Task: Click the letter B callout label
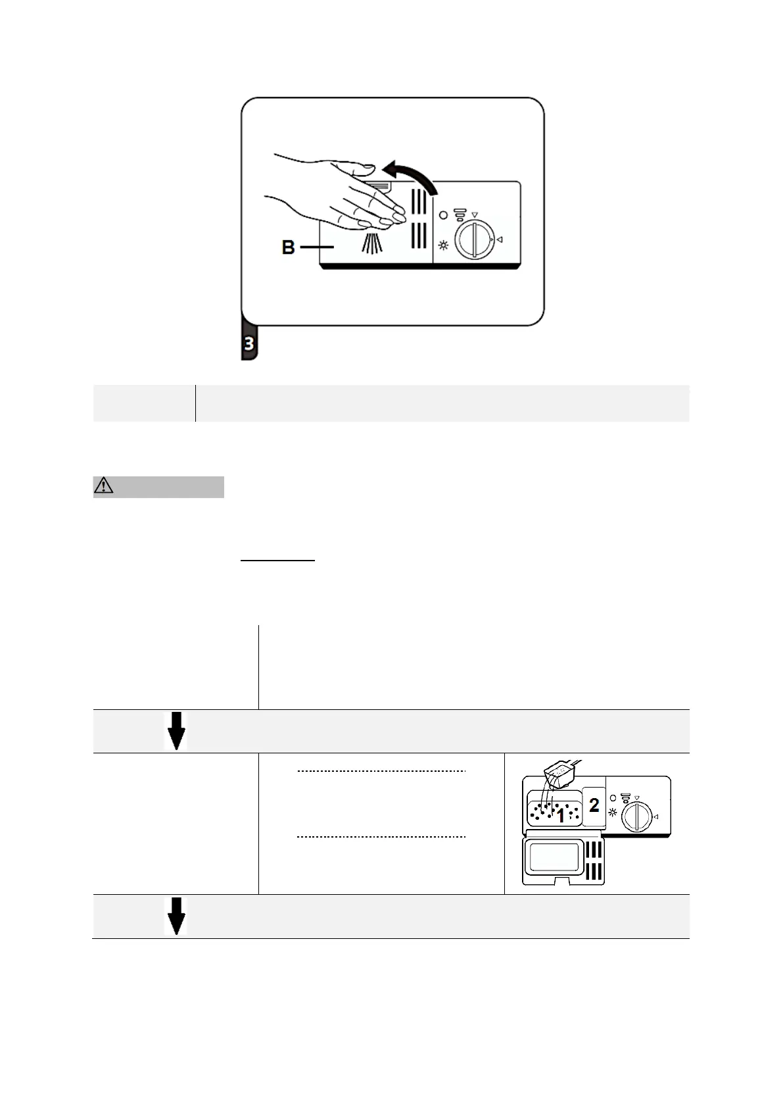pos(288,247)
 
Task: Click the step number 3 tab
pos(250,343)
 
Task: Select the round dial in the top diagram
pos(475,239)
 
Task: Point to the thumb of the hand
pos(360,169)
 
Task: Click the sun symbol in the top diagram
pos(444,246)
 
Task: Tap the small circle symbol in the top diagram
pos(443,215)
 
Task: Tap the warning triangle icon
pos(104,486)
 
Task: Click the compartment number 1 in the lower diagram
pos(561,816)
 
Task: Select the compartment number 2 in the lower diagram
pos(594,805)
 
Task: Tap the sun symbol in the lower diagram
pos(613,813)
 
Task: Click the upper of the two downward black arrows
pos(176,731)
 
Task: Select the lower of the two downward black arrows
pos(176,917)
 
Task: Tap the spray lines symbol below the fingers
pos(372,243)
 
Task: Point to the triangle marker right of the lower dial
pos(655,817)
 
